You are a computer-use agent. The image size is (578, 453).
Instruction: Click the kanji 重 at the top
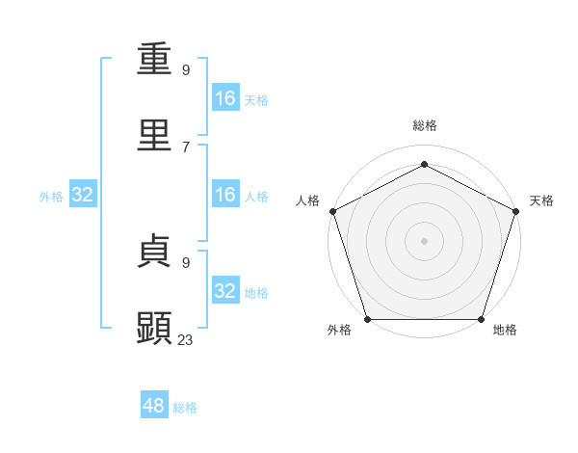click(x=155, y=60)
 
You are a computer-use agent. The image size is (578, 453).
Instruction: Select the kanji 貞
click(x=155, y=252)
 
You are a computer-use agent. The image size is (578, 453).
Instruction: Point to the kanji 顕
click(x=155, y=328)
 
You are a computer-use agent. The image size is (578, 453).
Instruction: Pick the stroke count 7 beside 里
click(x=186, y=146)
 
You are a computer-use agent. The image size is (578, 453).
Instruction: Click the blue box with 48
click(x=154, y=406)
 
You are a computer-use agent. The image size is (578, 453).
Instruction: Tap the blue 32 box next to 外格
click(x=83, y=195)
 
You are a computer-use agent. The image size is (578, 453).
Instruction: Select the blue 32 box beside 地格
click(x=225, y=291)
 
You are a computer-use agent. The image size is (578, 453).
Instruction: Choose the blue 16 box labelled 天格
click(x=225, y=98)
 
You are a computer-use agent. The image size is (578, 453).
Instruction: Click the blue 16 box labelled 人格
click(x=225, y=195)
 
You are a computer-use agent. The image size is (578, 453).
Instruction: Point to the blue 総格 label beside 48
click(x=185, y=408)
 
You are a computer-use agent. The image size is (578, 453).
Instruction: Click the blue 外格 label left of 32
click(x=51, y=197)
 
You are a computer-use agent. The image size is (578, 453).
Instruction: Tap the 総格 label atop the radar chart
click(x=424, y=125)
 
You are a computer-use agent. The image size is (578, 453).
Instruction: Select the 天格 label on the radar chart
click(x=541, y=200)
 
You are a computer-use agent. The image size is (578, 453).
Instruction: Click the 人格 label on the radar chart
click(x=307, y=200)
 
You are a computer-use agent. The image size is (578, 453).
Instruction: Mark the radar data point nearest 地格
click(x=481, y=319)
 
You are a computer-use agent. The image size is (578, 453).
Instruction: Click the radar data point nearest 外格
click(x=367, y=319)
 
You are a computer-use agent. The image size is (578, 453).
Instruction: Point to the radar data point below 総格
click(x=424, y=164)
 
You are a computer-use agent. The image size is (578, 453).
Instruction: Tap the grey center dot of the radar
click(x=424, y=240)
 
